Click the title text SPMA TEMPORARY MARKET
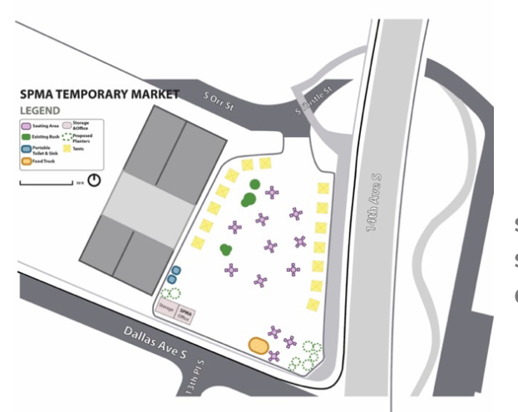click(99, 95)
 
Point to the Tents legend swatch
click(67, 148)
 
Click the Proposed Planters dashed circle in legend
click(67, 135)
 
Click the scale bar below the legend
click(46, 180)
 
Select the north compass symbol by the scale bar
click(94, 179)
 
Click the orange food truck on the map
click(258, 344)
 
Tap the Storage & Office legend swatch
click(67, 125)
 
